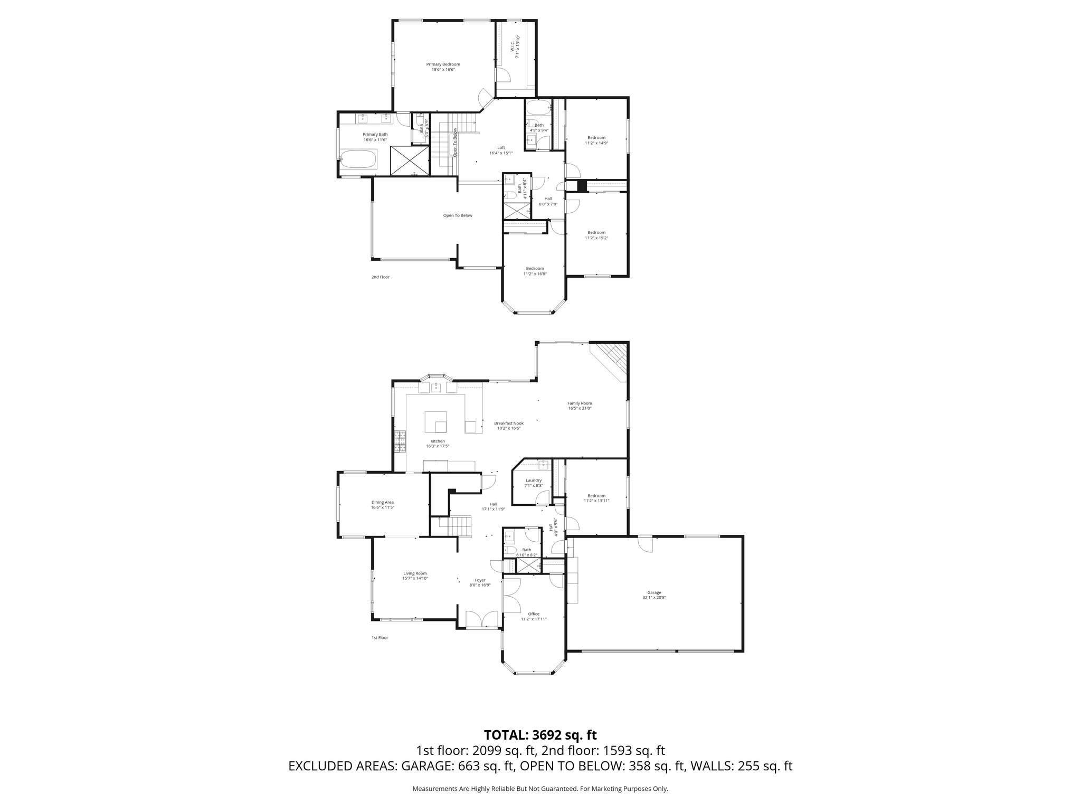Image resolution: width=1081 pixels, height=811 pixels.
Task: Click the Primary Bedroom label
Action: point(443,64)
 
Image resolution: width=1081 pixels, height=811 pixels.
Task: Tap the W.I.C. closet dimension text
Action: point(518,46)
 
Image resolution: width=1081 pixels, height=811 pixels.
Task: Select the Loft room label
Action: point(501,147)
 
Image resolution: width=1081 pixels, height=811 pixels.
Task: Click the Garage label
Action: point(655,592)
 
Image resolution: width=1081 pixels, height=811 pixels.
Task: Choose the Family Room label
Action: point(580,403)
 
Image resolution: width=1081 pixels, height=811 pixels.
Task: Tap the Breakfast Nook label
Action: point(509,423)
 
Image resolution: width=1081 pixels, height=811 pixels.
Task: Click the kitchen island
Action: point(436,421)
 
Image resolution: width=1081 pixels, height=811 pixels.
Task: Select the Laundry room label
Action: point(534,480)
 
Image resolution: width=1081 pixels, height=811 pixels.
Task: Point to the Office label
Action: point(534,614)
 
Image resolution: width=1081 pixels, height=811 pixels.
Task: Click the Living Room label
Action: point(415,573)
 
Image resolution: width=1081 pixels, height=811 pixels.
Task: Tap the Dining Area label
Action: point(382,502)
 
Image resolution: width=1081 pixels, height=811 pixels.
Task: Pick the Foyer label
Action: point(480,580)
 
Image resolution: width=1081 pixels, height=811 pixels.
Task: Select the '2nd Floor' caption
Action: point(380,277)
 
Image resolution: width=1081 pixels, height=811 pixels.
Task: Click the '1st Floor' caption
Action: point(379,638)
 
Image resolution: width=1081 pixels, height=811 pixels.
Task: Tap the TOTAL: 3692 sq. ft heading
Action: point(540,734)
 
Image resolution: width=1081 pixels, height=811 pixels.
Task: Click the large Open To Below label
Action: point(458,215)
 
